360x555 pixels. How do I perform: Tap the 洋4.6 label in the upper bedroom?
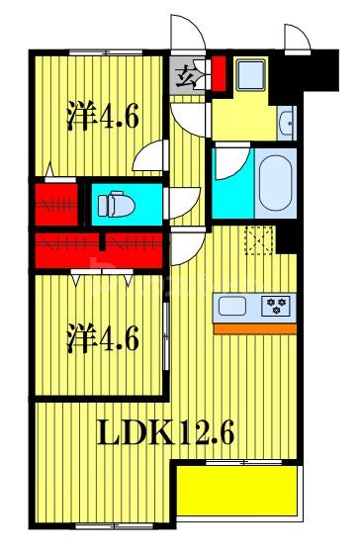(x=102, y=118)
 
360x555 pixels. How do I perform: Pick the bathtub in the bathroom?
(x=273, y=182)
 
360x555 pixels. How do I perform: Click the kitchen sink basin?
(x=235, y=305)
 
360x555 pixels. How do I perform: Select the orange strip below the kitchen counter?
(x=255, y=327)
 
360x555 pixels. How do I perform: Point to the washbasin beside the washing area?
(x=287, y=123)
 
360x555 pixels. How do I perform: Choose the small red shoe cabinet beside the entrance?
(x=219, y=73)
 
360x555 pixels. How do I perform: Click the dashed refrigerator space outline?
(x=260, y=240)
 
